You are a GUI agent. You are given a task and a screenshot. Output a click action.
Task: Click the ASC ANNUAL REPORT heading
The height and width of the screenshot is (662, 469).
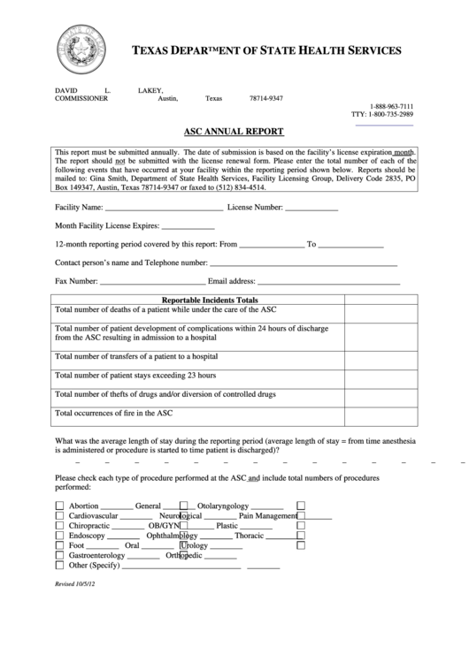tap(234, 132)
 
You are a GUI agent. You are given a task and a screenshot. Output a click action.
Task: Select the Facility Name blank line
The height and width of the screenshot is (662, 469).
tap(164, 209)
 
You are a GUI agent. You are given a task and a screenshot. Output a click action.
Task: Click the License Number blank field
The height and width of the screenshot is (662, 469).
tap(311, 209)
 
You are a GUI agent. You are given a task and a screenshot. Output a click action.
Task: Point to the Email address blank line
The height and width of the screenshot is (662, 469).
tap(328, 283)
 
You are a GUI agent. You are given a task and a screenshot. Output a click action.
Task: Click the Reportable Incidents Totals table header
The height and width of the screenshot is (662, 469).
tap(198, 301)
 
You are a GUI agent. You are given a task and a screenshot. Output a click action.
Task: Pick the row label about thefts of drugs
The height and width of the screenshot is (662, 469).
tap(165, 394)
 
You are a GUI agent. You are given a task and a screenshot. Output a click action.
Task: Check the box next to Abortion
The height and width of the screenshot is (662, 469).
tap(60, 506)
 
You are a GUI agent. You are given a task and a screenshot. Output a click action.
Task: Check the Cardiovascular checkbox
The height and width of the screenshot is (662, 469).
tap(60, 516)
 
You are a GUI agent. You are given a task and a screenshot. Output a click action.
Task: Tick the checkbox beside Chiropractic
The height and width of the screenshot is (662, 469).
tap(60, 526)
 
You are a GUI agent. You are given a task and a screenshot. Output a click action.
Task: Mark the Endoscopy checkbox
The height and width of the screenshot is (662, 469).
tap(60, 536)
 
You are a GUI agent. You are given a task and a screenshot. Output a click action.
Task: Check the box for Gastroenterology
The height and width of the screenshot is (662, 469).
tap(60, 556)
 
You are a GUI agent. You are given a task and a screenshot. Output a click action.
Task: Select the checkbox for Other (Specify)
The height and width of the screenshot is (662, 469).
tap(60, 566)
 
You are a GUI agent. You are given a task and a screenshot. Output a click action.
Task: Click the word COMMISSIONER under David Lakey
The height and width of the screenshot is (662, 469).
tap(81, 99)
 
